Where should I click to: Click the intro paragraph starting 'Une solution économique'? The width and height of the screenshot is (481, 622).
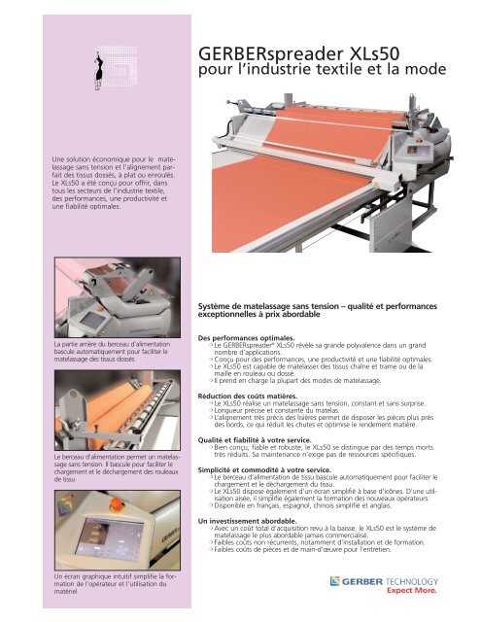pyautogui.click(x=89, y=186)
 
